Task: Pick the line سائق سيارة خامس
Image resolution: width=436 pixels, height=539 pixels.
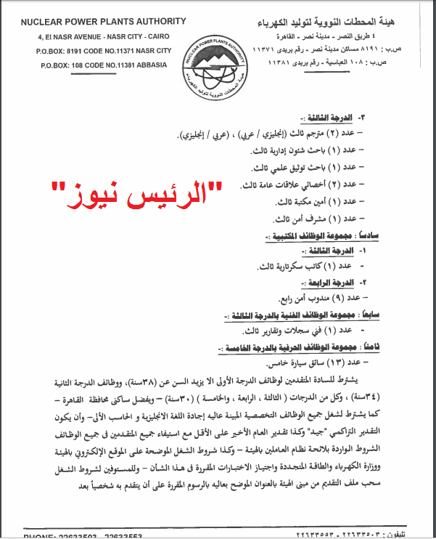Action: tap(316, 362)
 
